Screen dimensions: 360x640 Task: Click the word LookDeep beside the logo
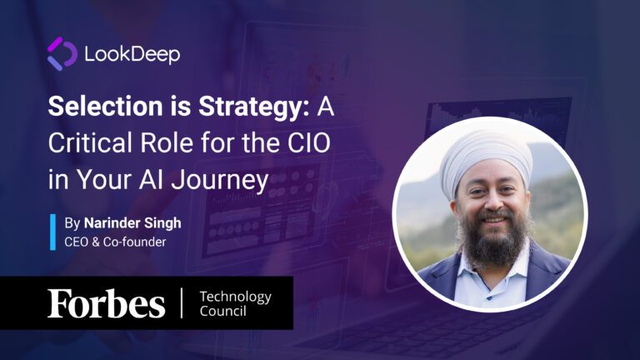click(x=132, y=55)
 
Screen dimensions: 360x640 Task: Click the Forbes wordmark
click(x=106, y=303)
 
